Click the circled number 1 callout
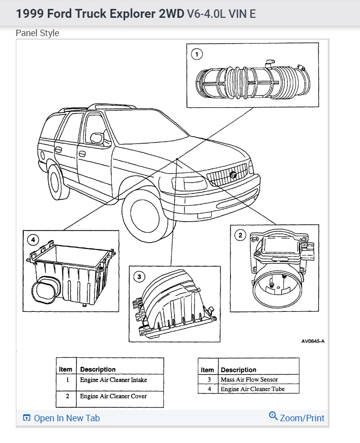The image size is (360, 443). click(x=197, y=54)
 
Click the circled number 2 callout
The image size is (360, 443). click(x=241, y=235)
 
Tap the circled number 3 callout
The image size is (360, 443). click(x=140, y=277)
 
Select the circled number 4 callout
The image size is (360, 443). click(x=33, y=240)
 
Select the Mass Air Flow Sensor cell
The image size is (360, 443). click(x=249, y=380)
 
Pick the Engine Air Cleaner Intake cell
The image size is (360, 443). click(x=114, y=380)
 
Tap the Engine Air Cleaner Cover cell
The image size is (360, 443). click(x=114, y=396)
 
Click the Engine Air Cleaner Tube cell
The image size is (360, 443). click(x=253, y=389)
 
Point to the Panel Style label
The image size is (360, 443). click(x=37, y=33)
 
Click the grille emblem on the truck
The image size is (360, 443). click(x=233, y=174)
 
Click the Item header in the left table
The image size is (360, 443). click(x=65, y=369)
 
